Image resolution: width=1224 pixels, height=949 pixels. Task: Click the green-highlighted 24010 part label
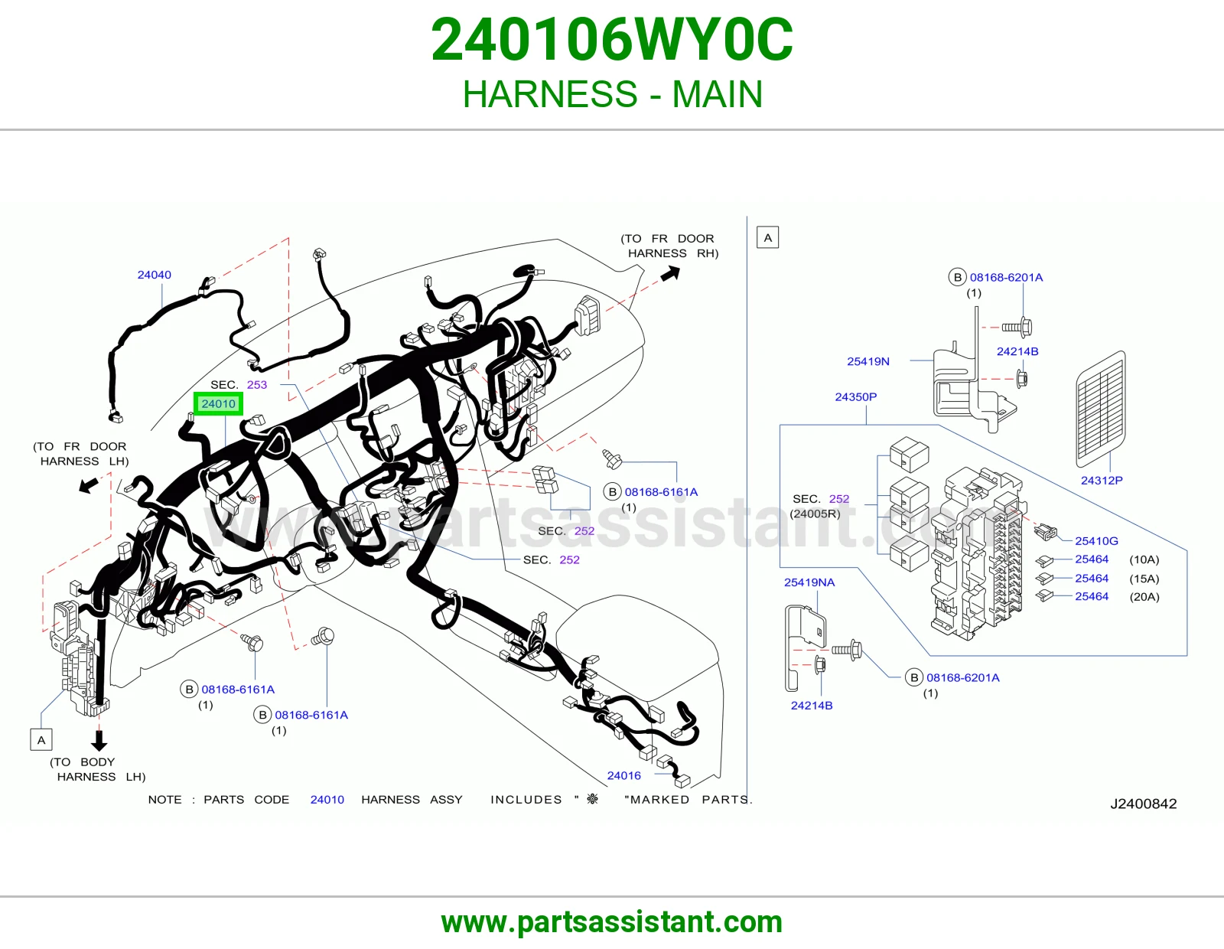tap(218, 403)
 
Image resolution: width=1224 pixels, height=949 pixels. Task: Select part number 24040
tap(155, 275)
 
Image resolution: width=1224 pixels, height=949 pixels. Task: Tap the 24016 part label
tap(623, 775)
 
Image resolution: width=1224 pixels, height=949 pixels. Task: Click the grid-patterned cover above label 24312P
tap(1101, 409)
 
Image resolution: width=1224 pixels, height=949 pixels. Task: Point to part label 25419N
tap(868, 361)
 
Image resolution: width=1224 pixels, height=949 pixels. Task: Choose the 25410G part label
tap(1096, 541)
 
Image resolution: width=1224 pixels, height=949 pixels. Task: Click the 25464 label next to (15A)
tap(1092, 578)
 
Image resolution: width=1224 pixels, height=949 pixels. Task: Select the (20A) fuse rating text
tap(1144, 597)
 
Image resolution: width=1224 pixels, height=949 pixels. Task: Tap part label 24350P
tap(855, 396)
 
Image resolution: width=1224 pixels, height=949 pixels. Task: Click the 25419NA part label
tap(809, 582)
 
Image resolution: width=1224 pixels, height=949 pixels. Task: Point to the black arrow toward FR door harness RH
tap(670, 274)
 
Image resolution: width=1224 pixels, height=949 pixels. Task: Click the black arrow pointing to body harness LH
tap(99, 741)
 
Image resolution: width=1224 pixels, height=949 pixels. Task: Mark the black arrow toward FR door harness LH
tap(89, 484)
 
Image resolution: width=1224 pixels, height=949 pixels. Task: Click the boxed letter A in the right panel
tap(768, 238)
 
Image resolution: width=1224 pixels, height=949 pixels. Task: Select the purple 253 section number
tap(257, 384)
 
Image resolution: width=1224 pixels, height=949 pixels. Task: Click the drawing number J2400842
tap(1144, 804)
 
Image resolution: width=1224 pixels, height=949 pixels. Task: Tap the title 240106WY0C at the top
tap(612, 40)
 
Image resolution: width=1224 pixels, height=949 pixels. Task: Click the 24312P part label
tap(1101, 480)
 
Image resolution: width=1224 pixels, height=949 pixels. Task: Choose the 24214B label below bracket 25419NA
tap(811, 706)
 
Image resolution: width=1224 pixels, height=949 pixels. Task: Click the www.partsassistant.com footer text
tap(612, 922)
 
